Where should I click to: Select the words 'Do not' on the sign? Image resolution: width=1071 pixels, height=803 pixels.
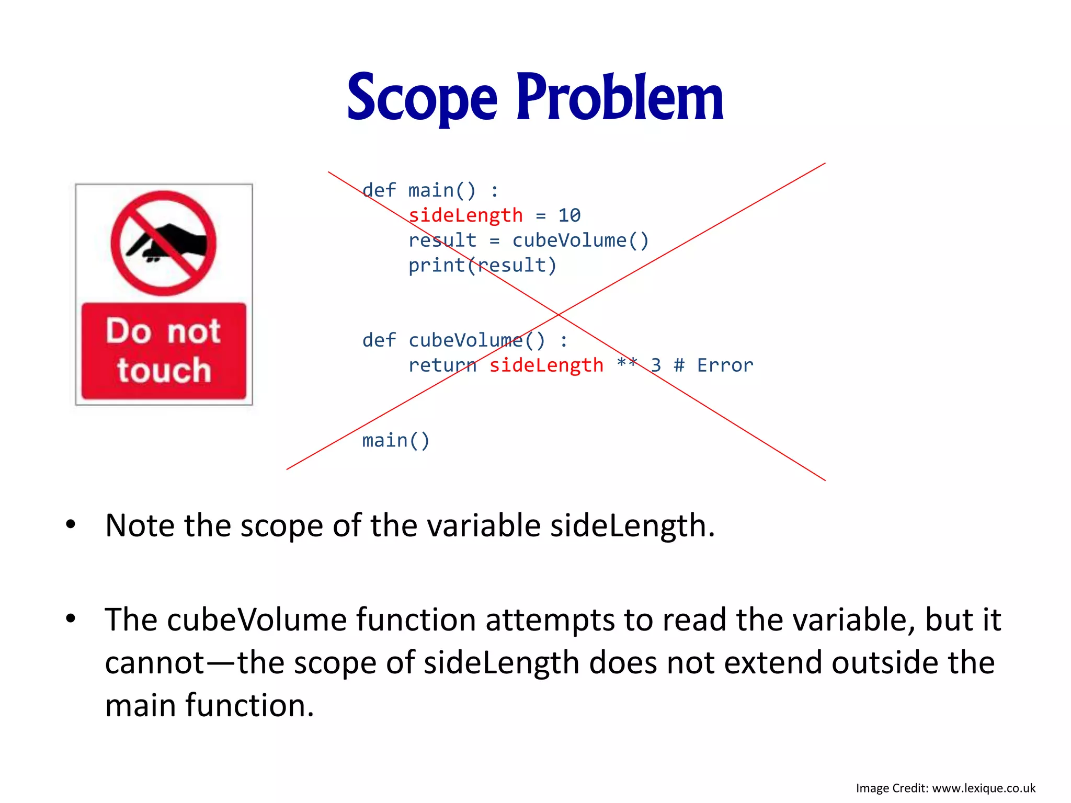[x=163, y=331]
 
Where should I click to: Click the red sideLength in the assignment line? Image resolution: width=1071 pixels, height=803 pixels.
[x=465, y=215]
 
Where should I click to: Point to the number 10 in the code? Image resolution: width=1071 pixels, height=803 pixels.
[x=569, y=215]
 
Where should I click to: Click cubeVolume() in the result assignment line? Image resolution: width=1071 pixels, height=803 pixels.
[x=580, y=240]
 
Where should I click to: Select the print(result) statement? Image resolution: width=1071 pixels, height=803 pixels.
[x=482, y=265]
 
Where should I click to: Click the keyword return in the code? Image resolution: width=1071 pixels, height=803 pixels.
[x=442, y=365]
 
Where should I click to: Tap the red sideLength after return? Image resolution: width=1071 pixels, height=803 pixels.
[x=546, y=365]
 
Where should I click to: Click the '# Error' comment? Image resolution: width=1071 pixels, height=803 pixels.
[x=713, y=365]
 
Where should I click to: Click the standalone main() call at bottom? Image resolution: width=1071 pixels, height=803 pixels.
[x=395, y=440]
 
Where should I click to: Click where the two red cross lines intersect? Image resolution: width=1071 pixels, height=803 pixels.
[x=559, y=315]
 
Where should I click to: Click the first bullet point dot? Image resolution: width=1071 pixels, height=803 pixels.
[x=71, y=524]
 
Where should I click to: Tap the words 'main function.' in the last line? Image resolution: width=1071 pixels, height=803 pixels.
[x=209, y=705]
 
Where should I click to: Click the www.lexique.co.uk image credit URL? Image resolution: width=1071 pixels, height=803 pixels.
[x=983, y=788]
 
